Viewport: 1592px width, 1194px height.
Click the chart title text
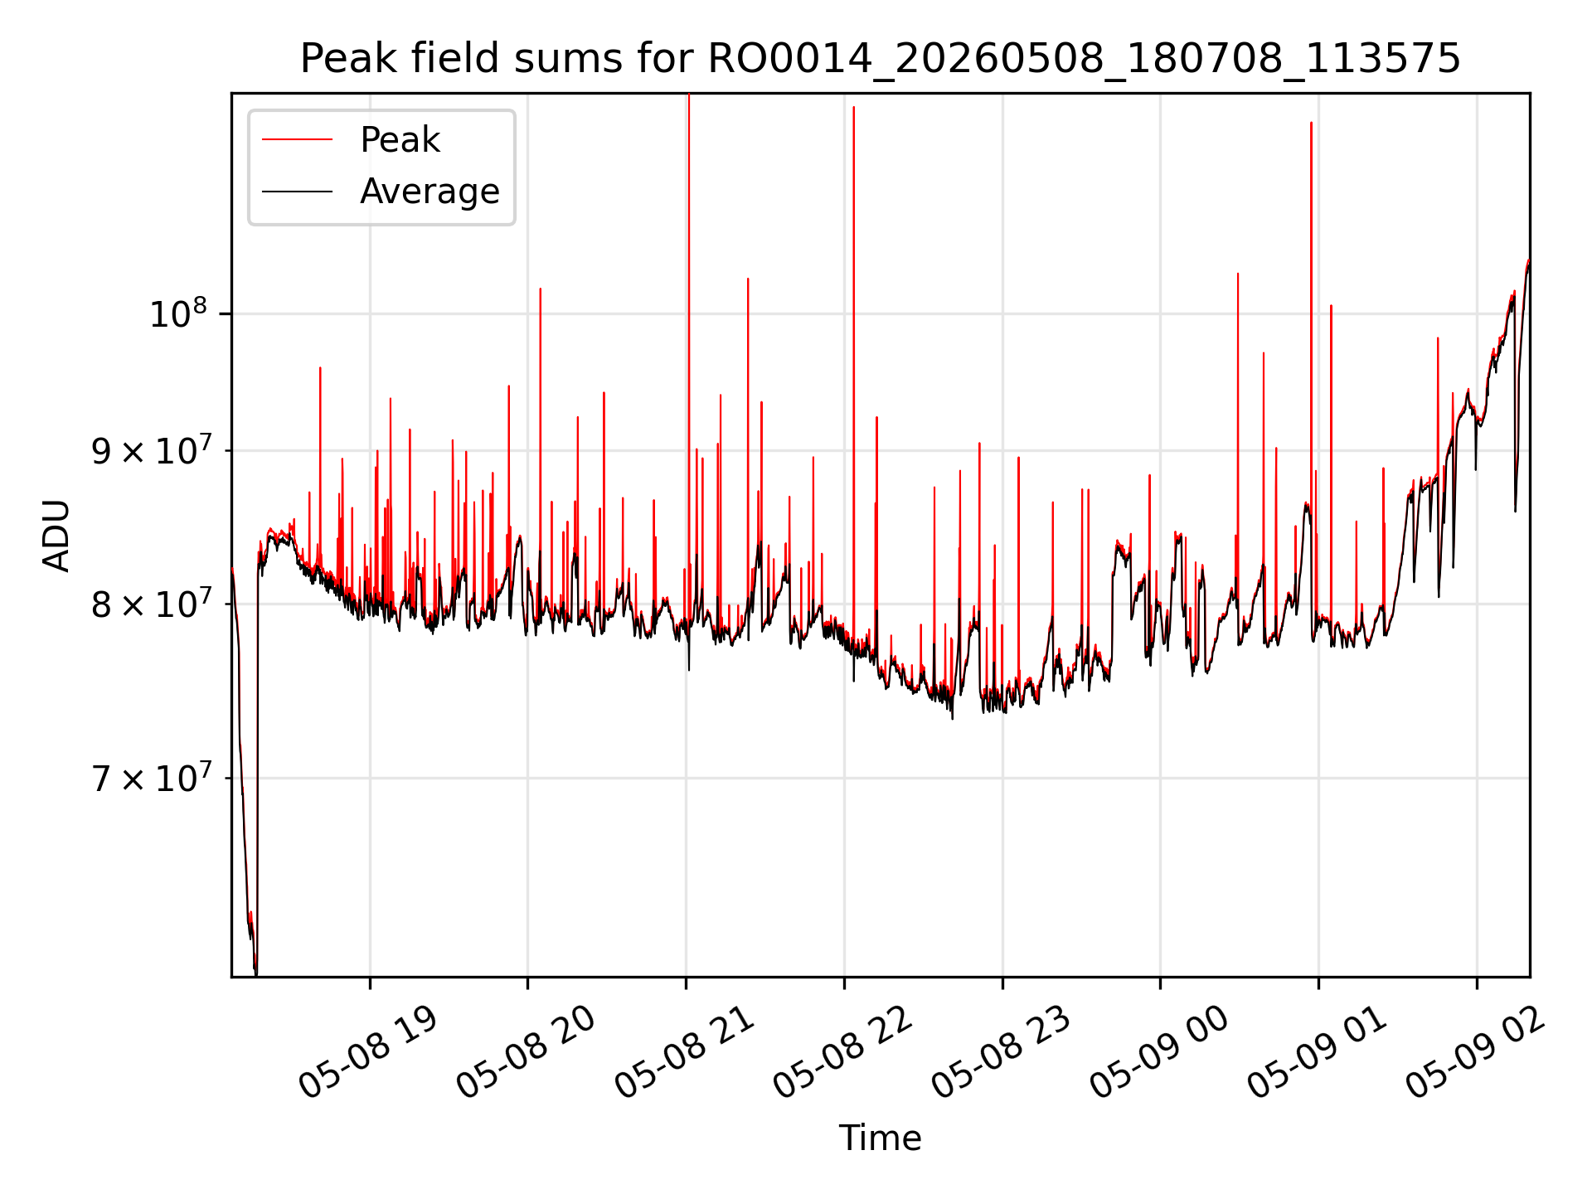coord(880,59)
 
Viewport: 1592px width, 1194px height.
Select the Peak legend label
coord(400,140)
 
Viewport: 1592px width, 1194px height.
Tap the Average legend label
coord(430,192)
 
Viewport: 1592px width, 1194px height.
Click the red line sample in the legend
coord(297,140)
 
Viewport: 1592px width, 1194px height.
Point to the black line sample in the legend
coord(297,192)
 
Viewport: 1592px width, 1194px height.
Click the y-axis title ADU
coord(57,535)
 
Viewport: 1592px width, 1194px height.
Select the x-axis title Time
coord(880,1138)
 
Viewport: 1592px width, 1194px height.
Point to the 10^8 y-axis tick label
coord(177,313)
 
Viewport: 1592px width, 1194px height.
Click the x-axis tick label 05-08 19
coord(367,1051)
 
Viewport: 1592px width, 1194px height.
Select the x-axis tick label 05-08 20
coord(526,1051)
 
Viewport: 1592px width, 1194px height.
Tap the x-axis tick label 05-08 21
coord(684,1051)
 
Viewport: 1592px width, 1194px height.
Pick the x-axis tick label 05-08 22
coord(842,1051)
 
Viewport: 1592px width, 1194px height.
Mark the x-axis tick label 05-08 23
coord(1001,1051)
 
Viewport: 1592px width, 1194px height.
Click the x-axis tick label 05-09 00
coord(1158,1051)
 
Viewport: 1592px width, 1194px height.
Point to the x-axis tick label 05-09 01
coord(1317,1051)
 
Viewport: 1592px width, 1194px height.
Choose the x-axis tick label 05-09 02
coord(1475,1051)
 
